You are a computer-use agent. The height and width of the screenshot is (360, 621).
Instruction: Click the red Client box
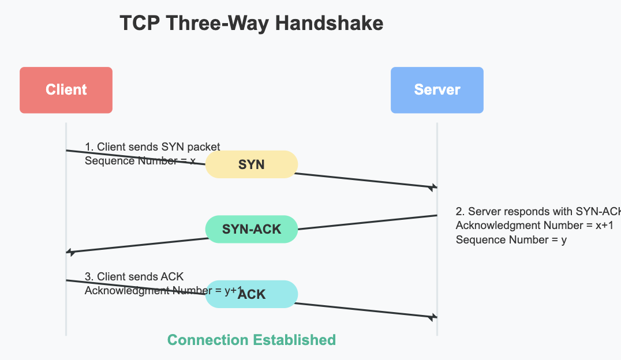coord(66,90)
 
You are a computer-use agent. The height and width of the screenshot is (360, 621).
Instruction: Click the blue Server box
coord(437,90)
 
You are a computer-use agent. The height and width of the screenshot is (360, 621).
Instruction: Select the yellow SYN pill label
coord(252,164)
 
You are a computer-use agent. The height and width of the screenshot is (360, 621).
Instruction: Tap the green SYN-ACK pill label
coord(252,229)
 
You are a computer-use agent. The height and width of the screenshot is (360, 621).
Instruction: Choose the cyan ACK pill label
coord(252,294)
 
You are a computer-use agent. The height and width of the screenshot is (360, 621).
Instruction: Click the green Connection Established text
coord(252,340)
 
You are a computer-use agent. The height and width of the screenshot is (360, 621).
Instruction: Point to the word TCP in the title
coord(139,24)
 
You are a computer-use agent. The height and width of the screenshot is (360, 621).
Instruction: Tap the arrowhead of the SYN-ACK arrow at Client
coord(70,252)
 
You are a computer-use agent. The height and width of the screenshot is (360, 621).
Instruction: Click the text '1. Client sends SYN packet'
coord(152,147)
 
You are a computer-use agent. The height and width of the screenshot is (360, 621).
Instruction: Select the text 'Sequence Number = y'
coord(511,239)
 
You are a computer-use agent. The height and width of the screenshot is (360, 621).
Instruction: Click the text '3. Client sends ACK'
coord(134,277)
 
